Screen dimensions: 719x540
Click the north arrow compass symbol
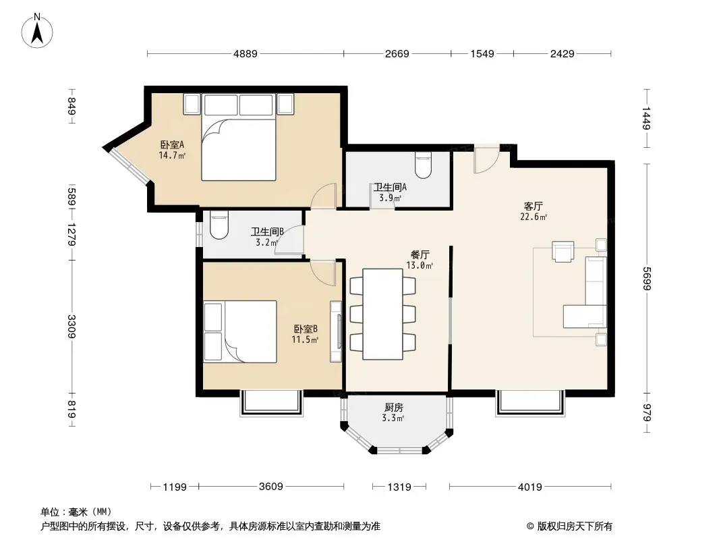pyautogui.click(x=37, y=31)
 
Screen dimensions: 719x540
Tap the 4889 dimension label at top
pyautogui.click(x=246, y=54)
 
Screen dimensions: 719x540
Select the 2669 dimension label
pyautogui.click(x=397, y=54)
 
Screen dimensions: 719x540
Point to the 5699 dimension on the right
pyautogui.click(x=646, y=279)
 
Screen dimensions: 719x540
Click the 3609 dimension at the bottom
pyautogui.click(x=271, y=486)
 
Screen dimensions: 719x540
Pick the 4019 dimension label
pyautogui.click(x=530, y=487)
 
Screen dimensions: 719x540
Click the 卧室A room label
pyautogui.click(x=172, y=144)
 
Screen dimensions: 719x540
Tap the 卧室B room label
pyautogui.click(x=306, y=329)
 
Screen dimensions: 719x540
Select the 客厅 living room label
pyautogui.click(x=534, y=206)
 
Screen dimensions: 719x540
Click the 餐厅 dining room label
pyautogui.click(x=420, y=254)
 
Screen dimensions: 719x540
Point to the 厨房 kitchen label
pyautogui.click(x=393, y=408)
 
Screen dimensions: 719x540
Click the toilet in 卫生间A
pyautogui.click(x=423, y=165)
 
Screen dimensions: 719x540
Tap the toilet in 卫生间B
pyautogui.click(x=219, y=225)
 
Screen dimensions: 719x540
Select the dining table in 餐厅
pyautogui.click(x=383, y=315)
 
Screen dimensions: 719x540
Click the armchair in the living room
pyautogui.click(x=563, y=251)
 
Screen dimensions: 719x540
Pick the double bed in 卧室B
pyautogui.click(x=240, y=331)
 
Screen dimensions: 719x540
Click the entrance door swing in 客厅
pyautogui.click(x=486, y=160)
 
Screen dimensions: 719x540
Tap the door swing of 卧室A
pyautogui.click(x=324, y=196)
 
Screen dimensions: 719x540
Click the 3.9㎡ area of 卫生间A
pyautogui.click(x=391, y=198)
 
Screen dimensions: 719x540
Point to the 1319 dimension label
pyautogui.click(x=399, y=487)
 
